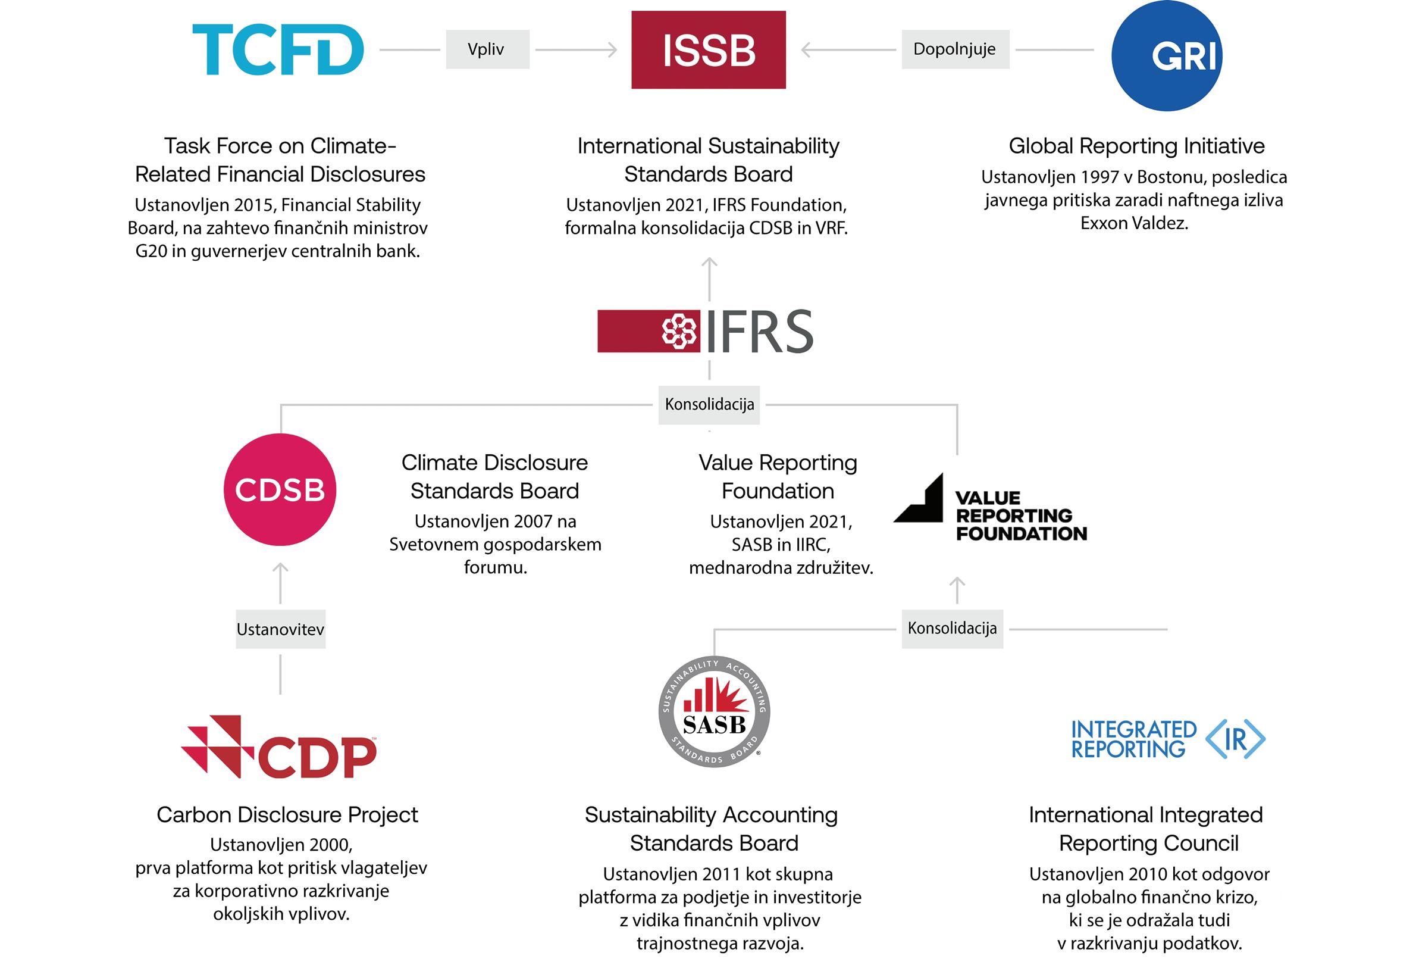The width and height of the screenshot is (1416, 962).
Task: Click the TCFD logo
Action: coord(278,49)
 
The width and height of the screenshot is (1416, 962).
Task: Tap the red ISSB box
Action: coord(708,50)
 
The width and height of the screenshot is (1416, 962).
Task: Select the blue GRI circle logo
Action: coord(1166,55)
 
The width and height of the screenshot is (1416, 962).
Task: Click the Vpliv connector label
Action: coord(487,49)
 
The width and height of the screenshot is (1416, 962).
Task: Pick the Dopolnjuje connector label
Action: coord(955,49)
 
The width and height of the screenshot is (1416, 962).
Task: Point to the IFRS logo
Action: coord(706,331)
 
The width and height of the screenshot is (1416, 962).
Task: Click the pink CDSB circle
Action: coord(280,489)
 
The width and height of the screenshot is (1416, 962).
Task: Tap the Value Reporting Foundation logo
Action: coord(990,508)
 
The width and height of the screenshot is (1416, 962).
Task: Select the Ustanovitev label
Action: coord(280,629)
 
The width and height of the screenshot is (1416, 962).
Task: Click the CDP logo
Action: coord(279,748)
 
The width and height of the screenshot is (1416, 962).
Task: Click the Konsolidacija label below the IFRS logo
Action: coord(709,404)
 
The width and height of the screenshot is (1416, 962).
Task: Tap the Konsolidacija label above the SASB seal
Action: coord(952,629)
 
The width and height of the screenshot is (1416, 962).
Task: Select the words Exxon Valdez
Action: coord(1134,223)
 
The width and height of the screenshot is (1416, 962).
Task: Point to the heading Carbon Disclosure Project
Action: coord(287,815)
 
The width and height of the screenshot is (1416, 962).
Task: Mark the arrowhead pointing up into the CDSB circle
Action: coord(280,567)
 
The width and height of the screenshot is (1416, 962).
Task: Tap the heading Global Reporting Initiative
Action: coord(1136,146)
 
